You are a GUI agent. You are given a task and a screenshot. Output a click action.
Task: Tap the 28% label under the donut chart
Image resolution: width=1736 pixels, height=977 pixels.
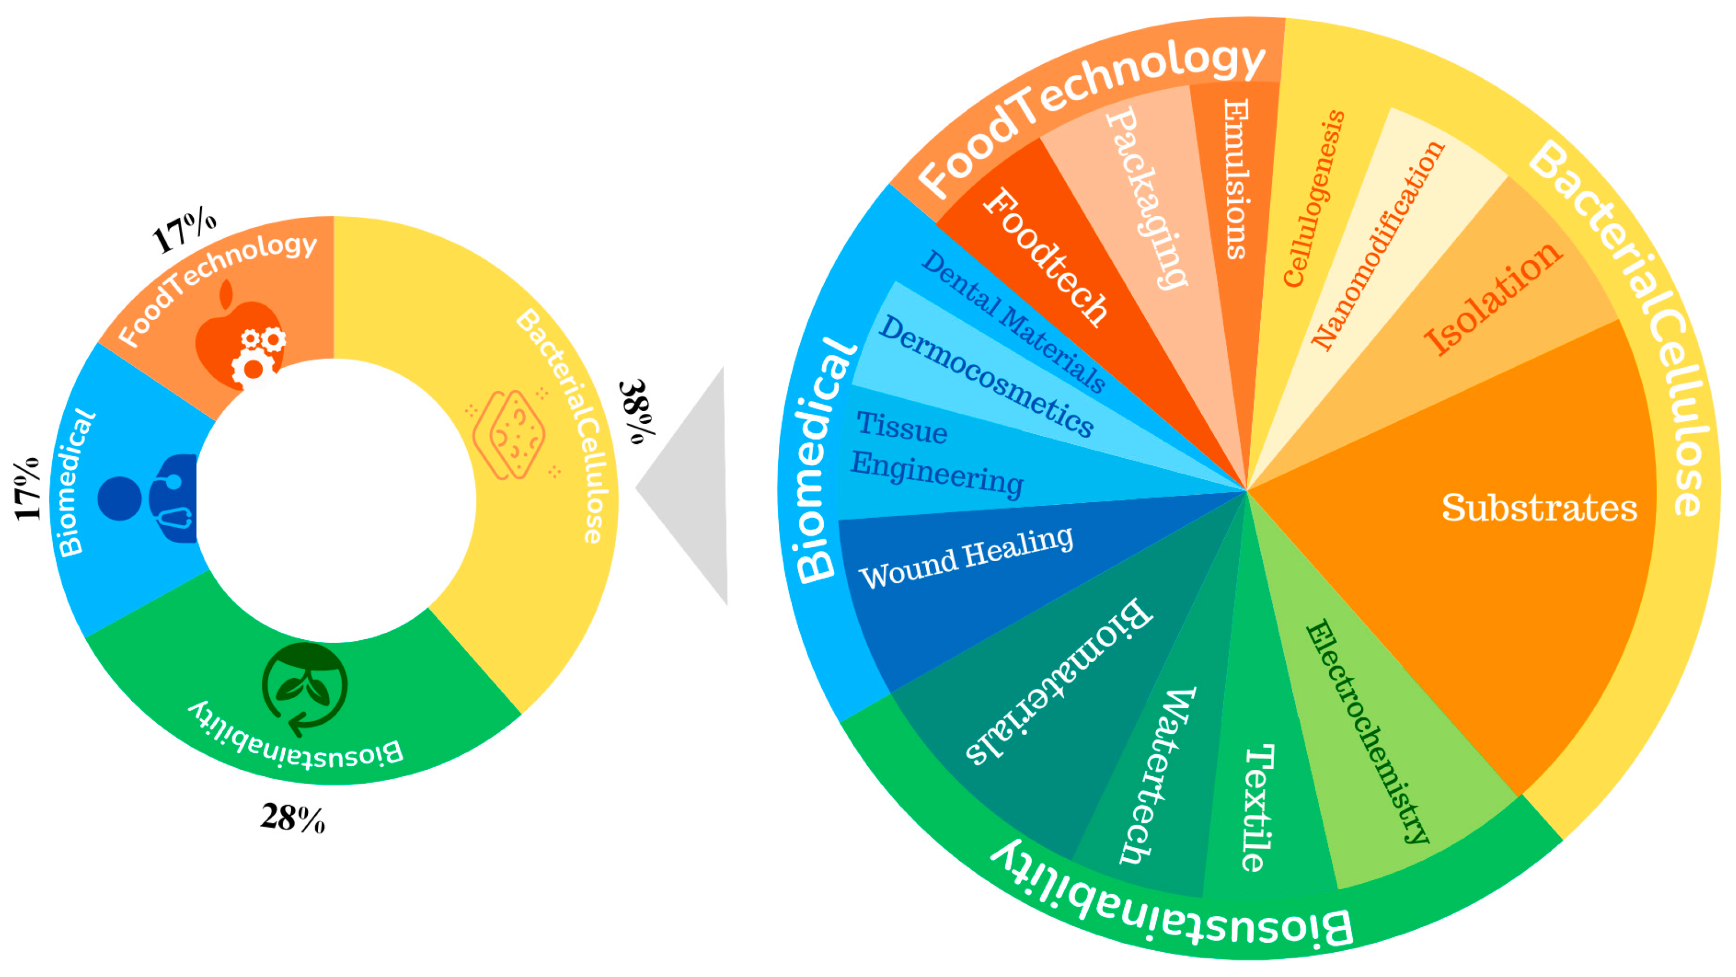click(x=292, y=818)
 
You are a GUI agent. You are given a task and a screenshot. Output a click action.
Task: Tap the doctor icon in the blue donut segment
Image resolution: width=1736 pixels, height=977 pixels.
click(x=151, y=498)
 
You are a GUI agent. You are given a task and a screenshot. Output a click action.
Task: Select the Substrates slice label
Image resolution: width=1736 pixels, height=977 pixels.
click(x=1538, y=508)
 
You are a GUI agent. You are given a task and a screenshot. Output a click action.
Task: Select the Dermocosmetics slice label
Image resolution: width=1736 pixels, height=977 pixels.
click(x=986, y=376)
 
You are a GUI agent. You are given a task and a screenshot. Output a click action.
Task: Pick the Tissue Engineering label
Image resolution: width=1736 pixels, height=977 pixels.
click(x=937, y=454)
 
